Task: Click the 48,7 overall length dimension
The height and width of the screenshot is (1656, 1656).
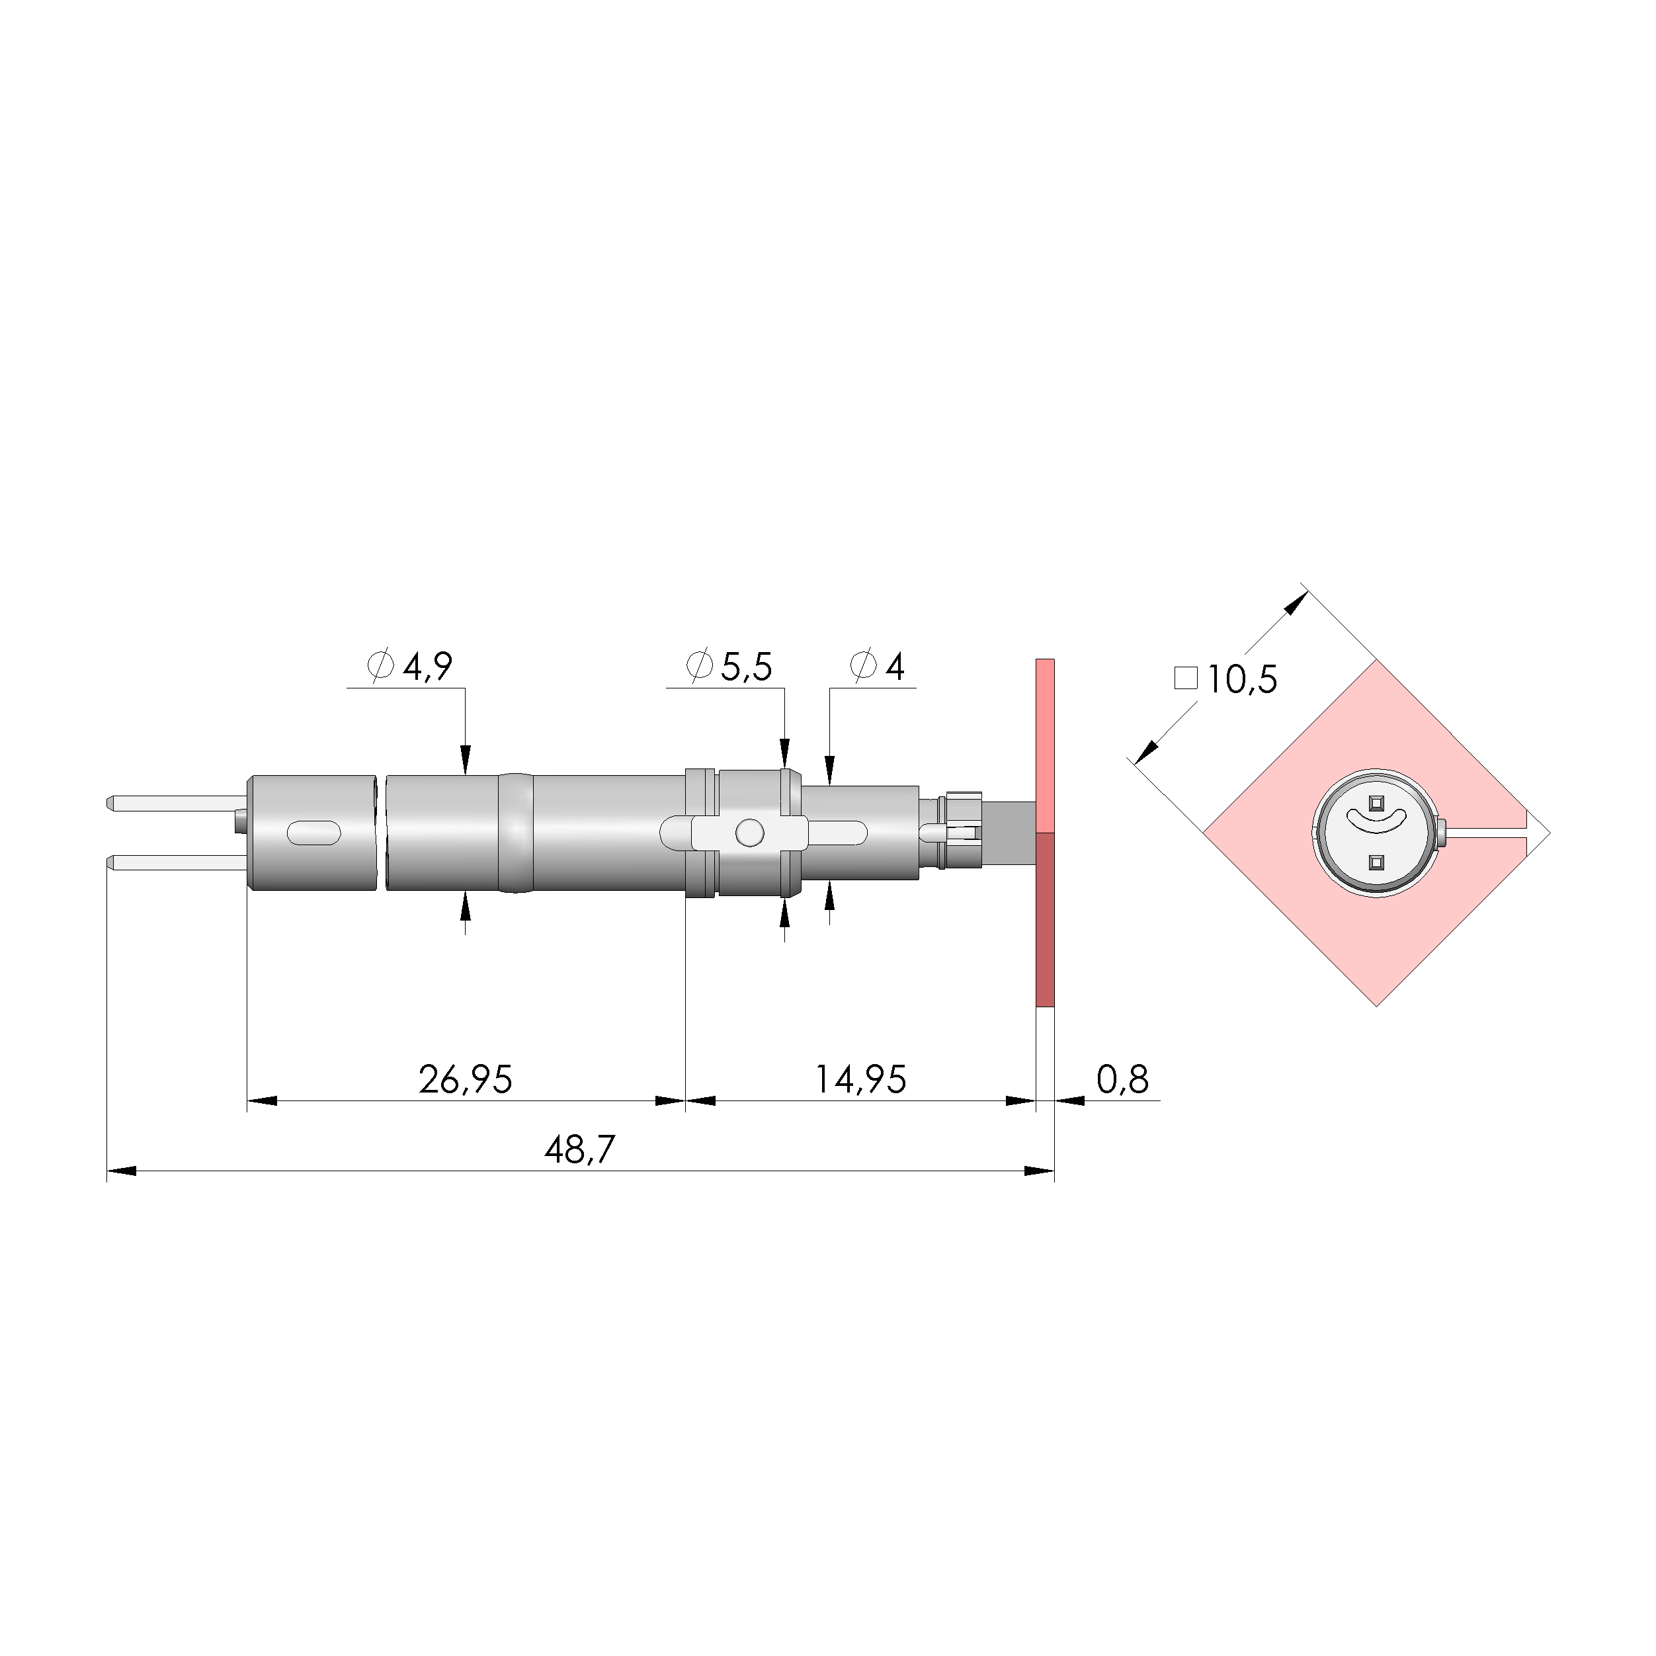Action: (579, 1149)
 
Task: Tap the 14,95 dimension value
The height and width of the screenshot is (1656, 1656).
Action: (859, 1079)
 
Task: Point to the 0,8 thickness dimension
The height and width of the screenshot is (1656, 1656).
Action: (1122, 1079)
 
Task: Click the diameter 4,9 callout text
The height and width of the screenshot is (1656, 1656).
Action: (410, 666)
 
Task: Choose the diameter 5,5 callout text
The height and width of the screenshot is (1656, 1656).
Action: (729, 666)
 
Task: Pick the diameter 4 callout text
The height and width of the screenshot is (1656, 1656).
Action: (877, 666)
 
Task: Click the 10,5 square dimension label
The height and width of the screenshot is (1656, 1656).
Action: (1241, 680)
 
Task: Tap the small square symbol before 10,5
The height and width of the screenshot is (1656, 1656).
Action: (1185, 678)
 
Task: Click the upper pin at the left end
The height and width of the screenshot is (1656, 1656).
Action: (171, 803)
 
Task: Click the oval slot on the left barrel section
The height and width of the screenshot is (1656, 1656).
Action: (313, 832)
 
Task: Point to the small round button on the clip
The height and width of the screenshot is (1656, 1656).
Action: (749, 832)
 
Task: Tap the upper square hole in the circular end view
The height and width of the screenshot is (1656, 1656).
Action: (1376, 803)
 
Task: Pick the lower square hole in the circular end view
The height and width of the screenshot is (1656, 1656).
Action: (1376, 862)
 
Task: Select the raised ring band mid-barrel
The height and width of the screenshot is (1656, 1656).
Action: (515, 832)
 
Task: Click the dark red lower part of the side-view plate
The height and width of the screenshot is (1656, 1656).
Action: (1045, 918)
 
